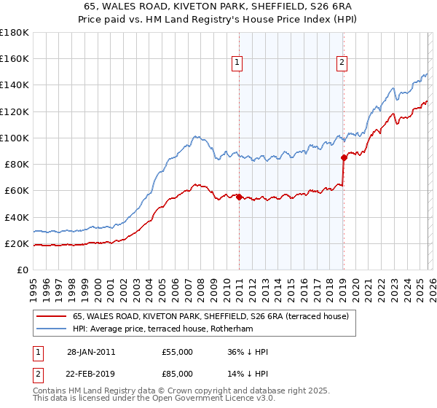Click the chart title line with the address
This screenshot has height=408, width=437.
(x=219, y=7)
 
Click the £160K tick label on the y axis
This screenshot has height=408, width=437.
(x=15, y=58)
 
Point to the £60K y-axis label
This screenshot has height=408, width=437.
(x=17, y=190)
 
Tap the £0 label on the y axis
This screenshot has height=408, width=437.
(x=23, y=270)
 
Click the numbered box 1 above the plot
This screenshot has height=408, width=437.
(x=238, y=63)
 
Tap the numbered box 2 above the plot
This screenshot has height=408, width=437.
(x=342, y=63)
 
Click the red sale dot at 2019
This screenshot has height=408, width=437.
(x=343, y=157)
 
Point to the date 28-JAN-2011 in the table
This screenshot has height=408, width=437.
(x=91, y=352)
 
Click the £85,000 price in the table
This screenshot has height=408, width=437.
(x=178, y=373)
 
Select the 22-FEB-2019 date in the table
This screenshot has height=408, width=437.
(x=91, y=373)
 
